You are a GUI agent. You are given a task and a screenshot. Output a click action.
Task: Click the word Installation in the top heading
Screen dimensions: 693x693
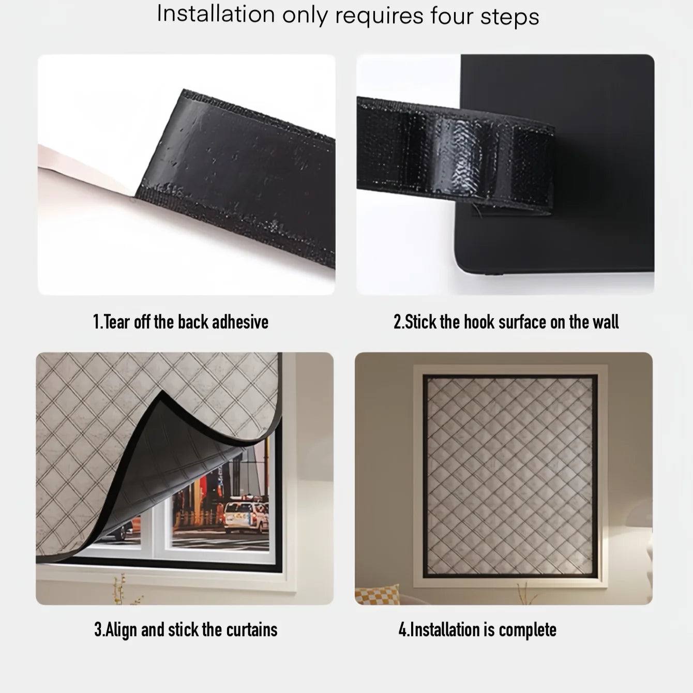coord(216,14)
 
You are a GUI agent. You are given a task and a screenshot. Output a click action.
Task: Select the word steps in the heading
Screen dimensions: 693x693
coord(510,17)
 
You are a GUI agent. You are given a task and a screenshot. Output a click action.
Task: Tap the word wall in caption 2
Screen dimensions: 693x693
coord(606,322)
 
